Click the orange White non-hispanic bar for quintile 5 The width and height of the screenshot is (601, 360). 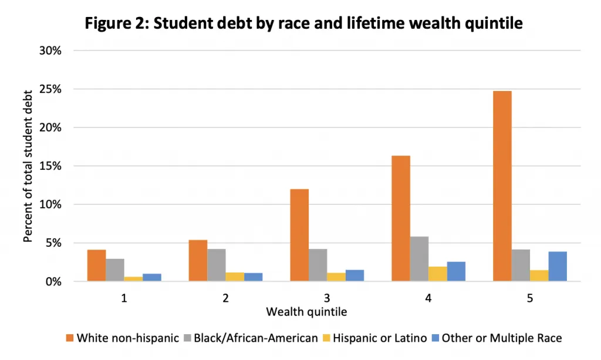coord(502,186)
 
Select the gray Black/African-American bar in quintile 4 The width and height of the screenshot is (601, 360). coord(419,259)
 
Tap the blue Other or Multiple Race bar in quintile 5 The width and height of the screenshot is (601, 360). coord(557,267)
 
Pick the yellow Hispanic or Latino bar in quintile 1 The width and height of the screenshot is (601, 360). coord(133,279)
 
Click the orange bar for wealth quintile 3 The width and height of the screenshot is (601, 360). coord(299,235)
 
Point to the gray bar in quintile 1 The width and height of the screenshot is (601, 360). coord(115,270)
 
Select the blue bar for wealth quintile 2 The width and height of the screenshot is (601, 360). coord(253,277)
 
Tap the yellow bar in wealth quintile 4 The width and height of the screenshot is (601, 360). coord(437,274)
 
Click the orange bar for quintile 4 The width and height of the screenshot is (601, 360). coord(401,218)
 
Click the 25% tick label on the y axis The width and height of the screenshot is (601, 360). coord(50,89)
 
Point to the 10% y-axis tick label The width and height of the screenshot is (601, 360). coord(50,204)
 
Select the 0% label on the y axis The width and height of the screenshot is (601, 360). coord(53,281)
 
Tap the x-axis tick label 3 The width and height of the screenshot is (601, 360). coord(327,298)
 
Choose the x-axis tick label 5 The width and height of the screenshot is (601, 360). coord(529,298)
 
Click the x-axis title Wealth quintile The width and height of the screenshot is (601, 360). coord(306,312)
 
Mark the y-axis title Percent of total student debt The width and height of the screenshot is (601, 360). coord(28,166)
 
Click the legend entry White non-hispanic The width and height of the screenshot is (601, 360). coord(127,338)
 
